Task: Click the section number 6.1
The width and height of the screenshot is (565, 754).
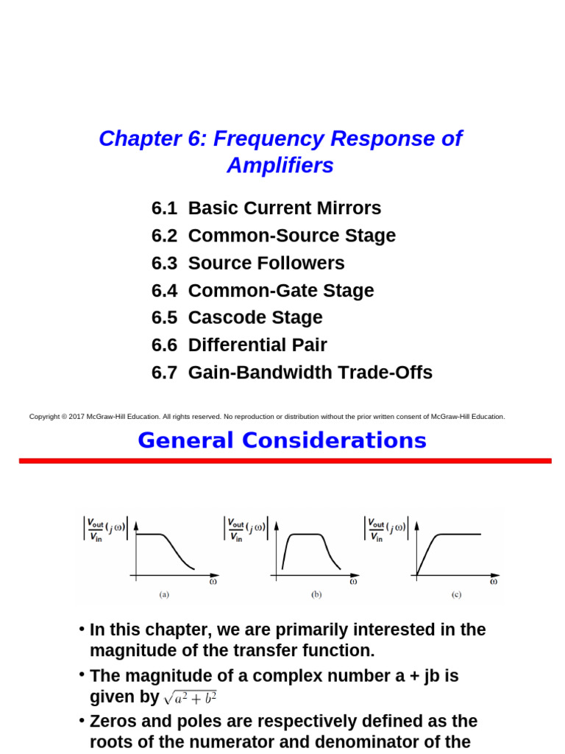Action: [164, 208]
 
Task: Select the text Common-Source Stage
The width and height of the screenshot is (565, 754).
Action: [291, 236]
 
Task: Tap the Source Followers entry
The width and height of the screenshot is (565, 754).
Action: [266, 263]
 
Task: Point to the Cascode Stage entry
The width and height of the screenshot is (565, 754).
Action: [255, 317]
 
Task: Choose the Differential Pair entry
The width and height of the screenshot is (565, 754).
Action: [257, 345]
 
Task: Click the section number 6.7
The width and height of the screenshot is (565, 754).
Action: [164, 373]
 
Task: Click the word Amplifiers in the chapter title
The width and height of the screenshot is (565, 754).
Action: [280, 166]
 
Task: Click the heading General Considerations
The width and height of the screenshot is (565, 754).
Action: [282, 440]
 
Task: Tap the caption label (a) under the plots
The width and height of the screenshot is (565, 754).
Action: [164, 594]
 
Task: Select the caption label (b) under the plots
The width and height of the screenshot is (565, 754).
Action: [316, 594]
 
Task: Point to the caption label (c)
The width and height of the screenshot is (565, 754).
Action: [456, 594]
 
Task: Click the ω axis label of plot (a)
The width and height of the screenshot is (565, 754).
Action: [213, 581]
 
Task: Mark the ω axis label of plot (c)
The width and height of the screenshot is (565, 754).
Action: [493, 581]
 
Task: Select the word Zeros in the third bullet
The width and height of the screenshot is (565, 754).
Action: [113, 722]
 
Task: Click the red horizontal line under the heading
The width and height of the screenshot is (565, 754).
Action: [285, 461]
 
